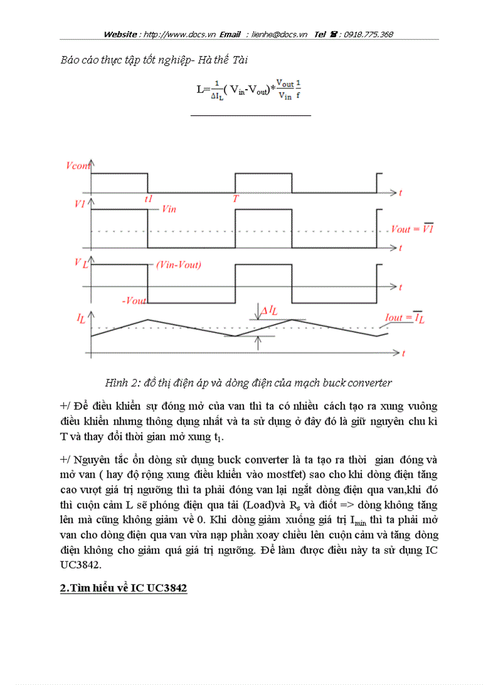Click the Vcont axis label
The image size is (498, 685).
77,166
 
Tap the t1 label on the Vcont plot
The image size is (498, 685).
148,198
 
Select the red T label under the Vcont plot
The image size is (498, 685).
235,198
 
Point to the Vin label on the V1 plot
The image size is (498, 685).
169,209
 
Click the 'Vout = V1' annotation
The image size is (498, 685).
412,229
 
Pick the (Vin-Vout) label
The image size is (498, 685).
178,265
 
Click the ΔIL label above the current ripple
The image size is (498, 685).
269,310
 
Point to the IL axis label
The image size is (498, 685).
81,317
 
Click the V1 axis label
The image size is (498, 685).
79,204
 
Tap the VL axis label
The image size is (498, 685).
80,262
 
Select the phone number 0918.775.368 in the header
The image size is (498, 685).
368,35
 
